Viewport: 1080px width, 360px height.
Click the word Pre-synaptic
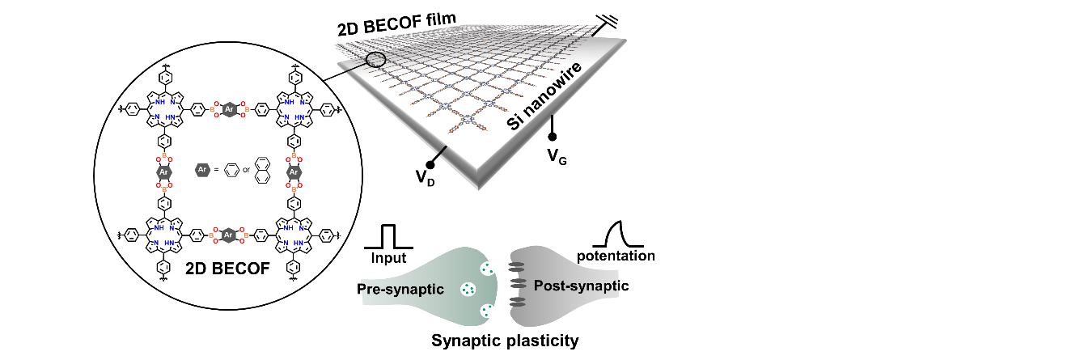(x=402, y=290)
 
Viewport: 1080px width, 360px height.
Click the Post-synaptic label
(x=575, y=286)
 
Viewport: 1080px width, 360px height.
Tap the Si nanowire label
(x=544, y=95)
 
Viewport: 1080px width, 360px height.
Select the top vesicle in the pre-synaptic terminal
(x=488, y=269)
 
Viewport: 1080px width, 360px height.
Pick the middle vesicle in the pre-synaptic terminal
(x=468, y=289)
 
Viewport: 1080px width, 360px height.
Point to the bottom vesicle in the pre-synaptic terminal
(x=488, y=310)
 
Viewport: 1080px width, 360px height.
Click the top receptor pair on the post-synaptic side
(x=516, y=266)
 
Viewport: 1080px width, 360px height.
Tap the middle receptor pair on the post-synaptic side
(x=518, y=283)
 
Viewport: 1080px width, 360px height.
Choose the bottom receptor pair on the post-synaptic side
(x=517, y=300)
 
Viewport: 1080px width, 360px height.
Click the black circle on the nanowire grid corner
(x=375, y=59)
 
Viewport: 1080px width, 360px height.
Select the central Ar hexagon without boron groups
(x=202, y=170)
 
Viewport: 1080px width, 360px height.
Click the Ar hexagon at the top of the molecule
(x=230, y=109)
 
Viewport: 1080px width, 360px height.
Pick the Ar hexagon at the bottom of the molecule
(x=229, y=235)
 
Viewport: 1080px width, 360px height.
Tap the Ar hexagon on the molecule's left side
(x=164, y=172)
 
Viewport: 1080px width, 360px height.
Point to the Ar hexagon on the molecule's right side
(x=294, y=172)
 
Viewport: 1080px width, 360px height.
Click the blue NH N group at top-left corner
(x=164, y=109)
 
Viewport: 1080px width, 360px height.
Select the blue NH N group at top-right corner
(x=294, y=109)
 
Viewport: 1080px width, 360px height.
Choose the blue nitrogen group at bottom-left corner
(x=164, y=235)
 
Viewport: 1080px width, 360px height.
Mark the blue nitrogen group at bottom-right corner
(x=294, y=235)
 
